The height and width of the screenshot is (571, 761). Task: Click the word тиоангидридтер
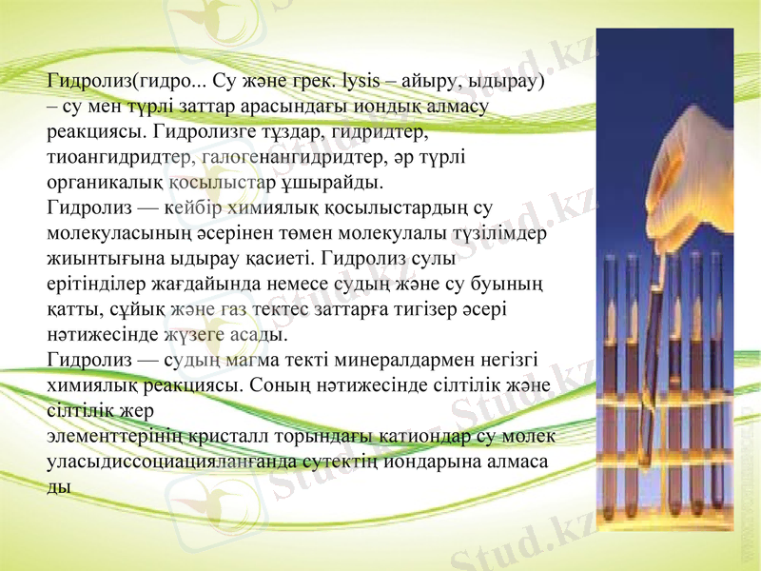(119, 155)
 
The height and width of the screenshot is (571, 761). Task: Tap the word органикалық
(105, 180)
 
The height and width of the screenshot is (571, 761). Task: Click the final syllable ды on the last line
(58, 485)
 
